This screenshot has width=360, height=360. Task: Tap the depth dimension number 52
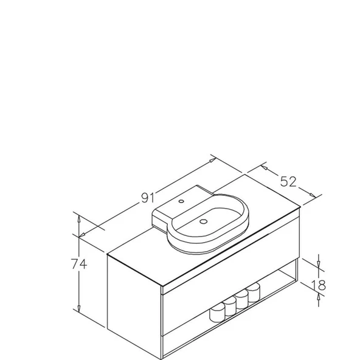288,181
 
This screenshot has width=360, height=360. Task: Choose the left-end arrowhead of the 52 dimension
263,165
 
